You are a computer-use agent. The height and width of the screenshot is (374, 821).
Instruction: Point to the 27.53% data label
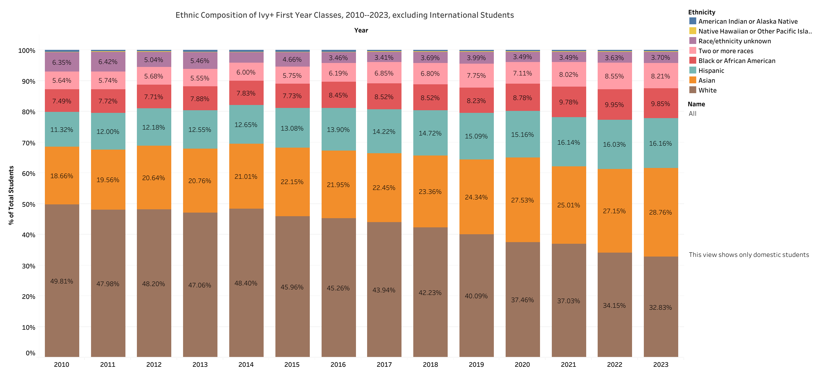click(522, 200)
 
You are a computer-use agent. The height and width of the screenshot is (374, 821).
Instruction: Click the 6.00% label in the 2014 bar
click(246, 72)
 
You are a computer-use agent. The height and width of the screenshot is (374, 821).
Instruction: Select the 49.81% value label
click(62, 281)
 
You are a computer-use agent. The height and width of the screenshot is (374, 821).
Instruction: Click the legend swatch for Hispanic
click(693, 70)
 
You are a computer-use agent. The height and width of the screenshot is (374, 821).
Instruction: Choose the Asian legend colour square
click(693, 80)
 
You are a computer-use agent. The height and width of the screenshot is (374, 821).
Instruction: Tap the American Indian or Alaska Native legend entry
click(748, 21)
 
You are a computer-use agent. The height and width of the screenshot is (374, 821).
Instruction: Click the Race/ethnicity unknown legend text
click(735, 41)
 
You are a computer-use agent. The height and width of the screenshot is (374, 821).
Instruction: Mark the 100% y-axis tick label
click(27, 51)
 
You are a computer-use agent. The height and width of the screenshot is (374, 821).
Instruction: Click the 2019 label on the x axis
click(476, 364)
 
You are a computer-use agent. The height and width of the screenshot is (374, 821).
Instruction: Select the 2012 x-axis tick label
click(154, 364)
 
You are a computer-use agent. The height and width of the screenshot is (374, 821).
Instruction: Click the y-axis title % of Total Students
click(11, 195)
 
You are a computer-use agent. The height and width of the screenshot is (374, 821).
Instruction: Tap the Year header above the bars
click(361, 30)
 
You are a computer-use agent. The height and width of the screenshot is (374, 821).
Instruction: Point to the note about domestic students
click(749, 255)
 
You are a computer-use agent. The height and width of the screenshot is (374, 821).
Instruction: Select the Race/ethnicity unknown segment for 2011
click(108, 62)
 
